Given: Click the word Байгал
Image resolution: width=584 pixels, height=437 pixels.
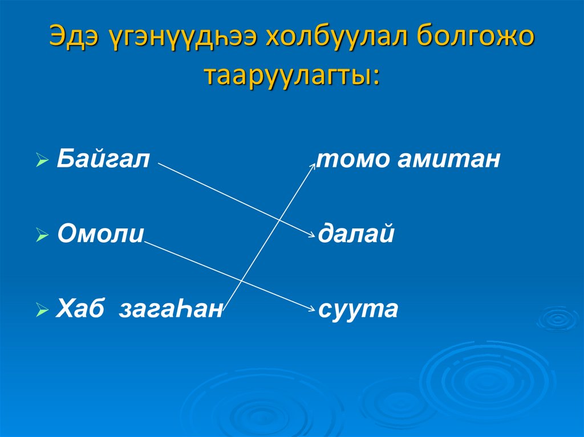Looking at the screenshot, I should click(103, 160).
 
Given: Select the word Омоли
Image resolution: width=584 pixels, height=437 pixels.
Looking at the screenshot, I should click(100, 234).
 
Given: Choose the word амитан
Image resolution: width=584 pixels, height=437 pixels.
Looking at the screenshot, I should click(449, 160).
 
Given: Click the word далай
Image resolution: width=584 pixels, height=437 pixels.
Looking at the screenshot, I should click(356, 234).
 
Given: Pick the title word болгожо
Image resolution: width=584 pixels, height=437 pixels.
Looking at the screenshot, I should click(474, 38).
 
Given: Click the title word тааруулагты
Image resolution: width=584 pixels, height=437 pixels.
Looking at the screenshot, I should click(289, 75).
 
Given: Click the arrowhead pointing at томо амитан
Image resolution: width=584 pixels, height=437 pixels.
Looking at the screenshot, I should click(313, 165).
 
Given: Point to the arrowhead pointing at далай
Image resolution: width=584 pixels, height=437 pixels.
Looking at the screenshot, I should click(311, 235).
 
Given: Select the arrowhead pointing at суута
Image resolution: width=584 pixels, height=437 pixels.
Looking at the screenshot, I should click(311, 309).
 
